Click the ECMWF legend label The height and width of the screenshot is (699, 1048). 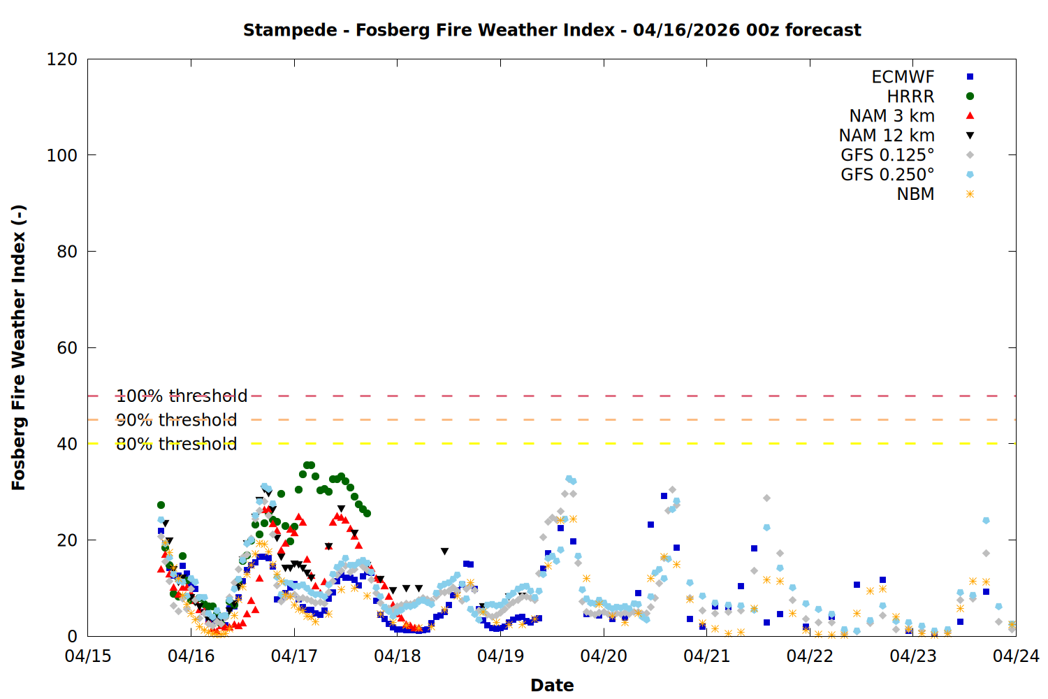click(903, 77)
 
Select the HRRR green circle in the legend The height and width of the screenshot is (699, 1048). click(970, 96)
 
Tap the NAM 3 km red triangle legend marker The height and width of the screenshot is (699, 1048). click(970, 116)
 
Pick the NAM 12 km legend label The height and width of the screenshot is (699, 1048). click(887, 136)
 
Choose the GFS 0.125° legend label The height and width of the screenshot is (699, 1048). click(887, 155)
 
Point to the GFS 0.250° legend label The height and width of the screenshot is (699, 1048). click(887, 175)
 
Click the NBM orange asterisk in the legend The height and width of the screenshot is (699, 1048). click(970, 194)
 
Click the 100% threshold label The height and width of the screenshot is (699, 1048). click(182, 396)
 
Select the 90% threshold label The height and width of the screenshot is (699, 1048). click(176, 420)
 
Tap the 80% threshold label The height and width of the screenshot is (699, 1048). click(176, 444)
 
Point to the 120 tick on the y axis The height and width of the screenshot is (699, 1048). click(62, 59)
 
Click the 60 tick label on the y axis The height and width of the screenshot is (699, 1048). click(67, 348)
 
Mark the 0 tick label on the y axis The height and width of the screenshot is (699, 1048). click(72, 637)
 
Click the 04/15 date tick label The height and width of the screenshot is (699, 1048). click(88, 656)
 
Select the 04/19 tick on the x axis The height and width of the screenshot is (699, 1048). click(500, 656)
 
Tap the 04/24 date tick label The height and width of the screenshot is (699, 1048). click(1016, 656)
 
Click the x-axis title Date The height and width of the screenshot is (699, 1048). click(552, 686)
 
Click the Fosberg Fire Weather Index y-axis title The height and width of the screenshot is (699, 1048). click(19, 347)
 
